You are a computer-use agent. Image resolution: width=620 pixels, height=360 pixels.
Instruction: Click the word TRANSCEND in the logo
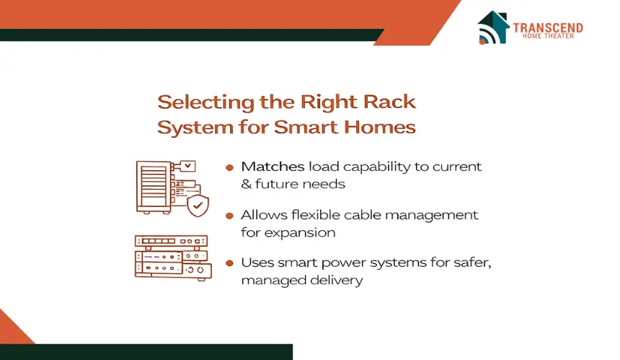pyautogui.click(x=548, y=27)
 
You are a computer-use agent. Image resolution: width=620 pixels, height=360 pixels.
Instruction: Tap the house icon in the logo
pyautogui.click(x=493, y=27)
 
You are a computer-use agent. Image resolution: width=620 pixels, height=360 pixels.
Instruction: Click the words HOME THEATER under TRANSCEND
pyautogui.click(x=548, y=36)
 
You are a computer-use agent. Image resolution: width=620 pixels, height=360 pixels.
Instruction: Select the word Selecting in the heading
pyautogui.click(x=205, y=102)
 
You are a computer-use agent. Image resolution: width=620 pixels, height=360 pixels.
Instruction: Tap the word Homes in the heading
pyautogui.click(x=380, y=127)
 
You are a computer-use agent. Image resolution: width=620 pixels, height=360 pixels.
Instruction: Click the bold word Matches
pyautogui.click(x=273, y=167)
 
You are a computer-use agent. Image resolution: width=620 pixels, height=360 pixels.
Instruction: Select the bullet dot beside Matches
pyautogui.click(x=229, y=168)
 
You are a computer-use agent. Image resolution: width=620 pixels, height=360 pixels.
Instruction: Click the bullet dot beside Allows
pyautogui.click(x=229, y=216)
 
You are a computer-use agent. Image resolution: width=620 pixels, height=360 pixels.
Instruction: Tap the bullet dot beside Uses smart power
pyautogui.click(x=229, y=263)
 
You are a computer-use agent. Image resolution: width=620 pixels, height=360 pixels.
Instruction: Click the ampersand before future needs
pyautogui.click(x=247, y=184)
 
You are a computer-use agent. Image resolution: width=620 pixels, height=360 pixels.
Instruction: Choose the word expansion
pyautogui.click(x=300, y=233)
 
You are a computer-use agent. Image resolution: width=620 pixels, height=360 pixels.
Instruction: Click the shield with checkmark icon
pyautogui.click(x=198, y=206)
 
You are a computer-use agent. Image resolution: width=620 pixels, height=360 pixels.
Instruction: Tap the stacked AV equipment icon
pyautogui.click(x=173, y=258)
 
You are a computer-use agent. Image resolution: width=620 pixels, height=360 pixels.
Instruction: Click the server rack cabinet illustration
pyautogui.click(x=154, y=188)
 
